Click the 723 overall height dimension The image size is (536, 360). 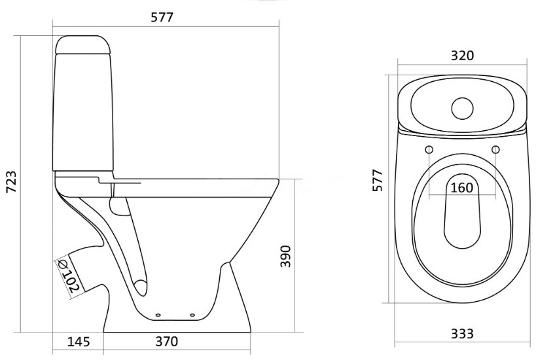(12, 181)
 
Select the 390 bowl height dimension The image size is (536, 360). (285, 257)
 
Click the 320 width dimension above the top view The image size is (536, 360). (462, 56)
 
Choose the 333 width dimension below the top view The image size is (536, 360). (462, 333)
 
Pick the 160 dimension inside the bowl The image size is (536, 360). (462, 188)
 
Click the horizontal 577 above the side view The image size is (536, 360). (162, 17)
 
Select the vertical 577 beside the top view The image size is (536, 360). (378, 180)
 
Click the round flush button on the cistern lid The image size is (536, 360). (462, 109)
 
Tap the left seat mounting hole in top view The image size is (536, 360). (429, 149)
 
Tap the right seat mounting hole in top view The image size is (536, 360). (495, 149)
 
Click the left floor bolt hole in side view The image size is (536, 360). (158, 315)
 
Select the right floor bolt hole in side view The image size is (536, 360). (192, 315)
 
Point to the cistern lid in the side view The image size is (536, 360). (83, 45)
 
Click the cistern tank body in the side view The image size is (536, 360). (83, 112)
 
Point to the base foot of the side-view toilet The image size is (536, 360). (177, 325)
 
